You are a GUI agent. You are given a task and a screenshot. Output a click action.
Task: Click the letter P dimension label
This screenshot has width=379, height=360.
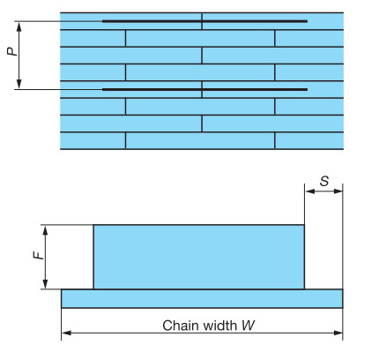(12, 51)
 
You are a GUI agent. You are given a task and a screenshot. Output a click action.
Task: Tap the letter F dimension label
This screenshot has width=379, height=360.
(38, 255)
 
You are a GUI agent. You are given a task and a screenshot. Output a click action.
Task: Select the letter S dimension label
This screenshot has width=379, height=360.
(324, 181)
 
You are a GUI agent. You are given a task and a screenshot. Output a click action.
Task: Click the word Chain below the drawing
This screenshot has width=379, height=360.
(181, 326)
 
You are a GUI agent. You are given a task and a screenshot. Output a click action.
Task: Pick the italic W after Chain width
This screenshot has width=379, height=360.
(249, 326)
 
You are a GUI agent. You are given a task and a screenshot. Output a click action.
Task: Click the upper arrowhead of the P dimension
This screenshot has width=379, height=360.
(19, 26)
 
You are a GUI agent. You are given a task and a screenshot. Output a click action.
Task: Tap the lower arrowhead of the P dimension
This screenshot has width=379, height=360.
(19, 84)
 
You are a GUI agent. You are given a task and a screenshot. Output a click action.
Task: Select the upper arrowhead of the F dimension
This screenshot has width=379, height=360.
(45, 230)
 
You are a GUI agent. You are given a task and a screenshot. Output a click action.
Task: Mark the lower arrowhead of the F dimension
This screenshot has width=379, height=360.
(45, 284)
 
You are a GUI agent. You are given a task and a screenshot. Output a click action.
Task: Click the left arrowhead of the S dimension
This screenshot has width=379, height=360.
(310, 191)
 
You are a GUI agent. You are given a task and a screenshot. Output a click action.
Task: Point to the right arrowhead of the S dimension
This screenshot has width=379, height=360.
(338, 191)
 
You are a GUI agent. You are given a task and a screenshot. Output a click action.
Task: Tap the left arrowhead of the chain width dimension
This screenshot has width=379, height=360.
(67, 333)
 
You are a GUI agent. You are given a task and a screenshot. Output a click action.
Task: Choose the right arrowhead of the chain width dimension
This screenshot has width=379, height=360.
(338, 333)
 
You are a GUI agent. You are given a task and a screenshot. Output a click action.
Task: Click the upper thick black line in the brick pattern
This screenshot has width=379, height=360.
(204, 21)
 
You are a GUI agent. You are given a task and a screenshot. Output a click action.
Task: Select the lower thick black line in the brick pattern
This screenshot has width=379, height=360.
(204, 89)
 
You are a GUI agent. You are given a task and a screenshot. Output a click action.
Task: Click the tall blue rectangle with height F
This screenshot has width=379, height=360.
(199, 257)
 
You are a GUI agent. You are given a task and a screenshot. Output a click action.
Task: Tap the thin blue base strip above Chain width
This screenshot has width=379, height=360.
(202, 298)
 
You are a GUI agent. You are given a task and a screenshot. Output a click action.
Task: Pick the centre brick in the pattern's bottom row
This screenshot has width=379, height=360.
(200, 140)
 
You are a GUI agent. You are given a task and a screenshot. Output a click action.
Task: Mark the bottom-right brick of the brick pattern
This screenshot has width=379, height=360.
(309, 140)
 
